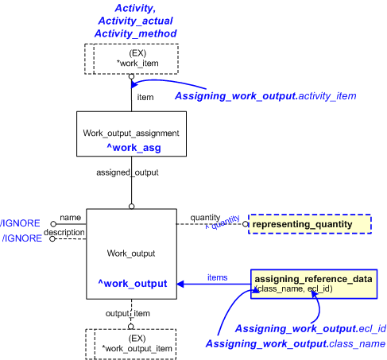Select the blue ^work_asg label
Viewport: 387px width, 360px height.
point(131,147)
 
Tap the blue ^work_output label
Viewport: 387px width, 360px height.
point(131,283)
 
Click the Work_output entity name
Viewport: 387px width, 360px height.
point(131,253)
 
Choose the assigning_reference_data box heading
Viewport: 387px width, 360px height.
point(313,279)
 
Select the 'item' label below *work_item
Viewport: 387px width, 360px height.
point(145,97)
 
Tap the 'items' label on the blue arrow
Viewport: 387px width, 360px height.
point(217,277)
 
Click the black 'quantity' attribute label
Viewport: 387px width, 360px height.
point(205,217)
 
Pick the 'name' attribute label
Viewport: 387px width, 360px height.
point(71,217)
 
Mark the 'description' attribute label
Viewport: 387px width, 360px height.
point(64,232)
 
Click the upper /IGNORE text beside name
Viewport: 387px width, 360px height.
point(15,223)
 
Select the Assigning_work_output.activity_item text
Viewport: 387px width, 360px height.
point(265,96)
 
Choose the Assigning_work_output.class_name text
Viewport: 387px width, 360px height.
point(296,343)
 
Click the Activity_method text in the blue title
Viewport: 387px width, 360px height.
point(135,33)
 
